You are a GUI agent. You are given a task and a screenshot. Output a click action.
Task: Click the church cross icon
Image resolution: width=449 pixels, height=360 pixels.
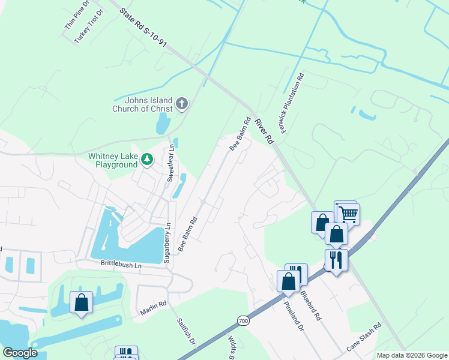click(182, 105)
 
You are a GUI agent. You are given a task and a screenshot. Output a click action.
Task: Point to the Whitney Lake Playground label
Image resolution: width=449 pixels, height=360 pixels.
click(113, 160)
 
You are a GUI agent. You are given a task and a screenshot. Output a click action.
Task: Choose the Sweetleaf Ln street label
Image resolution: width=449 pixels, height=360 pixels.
click(170, 163)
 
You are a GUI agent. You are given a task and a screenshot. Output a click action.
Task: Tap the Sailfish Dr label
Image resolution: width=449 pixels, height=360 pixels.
click(186, 331)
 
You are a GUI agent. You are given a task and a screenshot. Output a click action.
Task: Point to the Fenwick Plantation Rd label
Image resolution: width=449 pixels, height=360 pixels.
click(292, 103)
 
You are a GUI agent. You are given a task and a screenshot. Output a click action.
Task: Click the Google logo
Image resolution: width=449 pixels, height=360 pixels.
click(20, 353)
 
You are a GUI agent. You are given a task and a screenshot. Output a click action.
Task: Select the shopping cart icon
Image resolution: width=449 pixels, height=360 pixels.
click(348, 213)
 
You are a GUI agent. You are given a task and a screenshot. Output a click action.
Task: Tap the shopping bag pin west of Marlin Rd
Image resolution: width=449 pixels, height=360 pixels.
click(81, 302)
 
